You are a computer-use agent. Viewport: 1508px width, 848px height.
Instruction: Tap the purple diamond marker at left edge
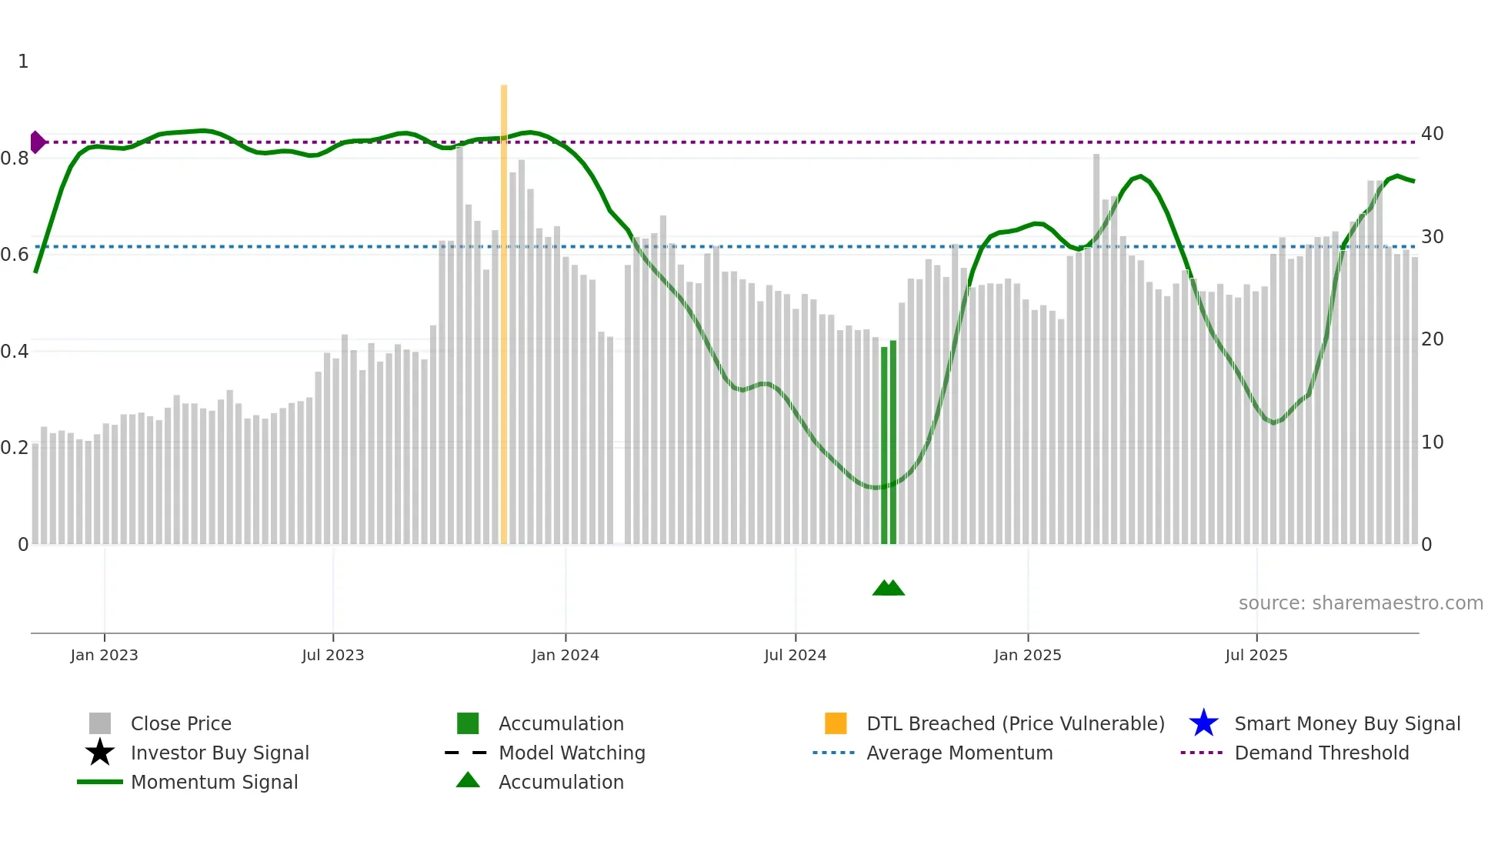[x=37, y=142]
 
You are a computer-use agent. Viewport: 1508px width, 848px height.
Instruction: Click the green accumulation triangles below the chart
[x=889, y=588]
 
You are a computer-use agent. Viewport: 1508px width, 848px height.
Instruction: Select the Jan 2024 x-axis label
[x=565, y=655]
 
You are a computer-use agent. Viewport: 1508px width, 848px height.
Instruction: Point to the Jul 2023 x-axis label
[x=332, y=655]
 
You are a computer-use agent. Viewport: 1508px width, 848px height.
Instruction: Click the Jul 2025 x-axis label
[x=1256, y=655]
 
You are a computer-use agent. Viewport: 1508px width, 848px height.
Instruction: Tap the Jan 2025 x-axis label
[x=1027, y=655]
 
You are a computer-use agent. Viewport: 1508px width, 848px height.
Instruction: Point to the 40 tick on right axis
[x=1432, y=134]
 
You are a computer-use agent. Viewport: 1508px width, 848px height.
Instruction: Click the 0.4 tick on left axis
[x=15, y=352]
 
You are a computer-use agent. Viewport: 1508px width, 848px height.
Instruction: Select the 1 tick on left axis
[x=23, y=62]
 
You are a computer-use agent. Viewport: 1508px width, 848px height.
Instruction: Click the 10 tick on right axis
[x=1432, y=442]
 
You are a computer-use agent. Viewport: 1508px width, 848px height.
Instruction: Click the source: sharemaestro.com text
[x=1360, y=603]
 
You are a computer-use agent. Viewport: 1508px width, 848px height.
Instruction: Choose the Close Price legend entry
[x=181, y=723]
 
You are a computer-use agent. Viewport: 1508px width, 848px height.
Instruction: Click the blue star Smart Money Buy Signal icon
[x=1203, y=723]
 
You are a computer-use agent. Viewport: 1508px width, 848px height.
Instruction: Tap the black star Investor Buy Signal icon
[x=100, y=753]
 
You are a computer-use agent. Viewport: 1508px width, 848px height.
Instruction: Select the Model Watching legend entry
[x=572, y=753]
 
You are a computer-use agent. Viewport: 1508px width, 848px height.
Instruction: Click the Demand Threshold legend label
[x=1321, y=753]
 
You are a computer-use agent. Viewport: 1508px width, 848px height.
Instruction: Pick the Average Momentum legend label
[x=959, y=753]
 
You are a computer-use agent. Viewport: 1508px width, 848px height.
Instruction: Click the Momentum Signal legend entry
[x=214, y=782]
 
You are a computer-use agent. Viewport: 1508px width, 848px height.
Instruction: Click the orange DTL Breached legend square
[x=836, y=723]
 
